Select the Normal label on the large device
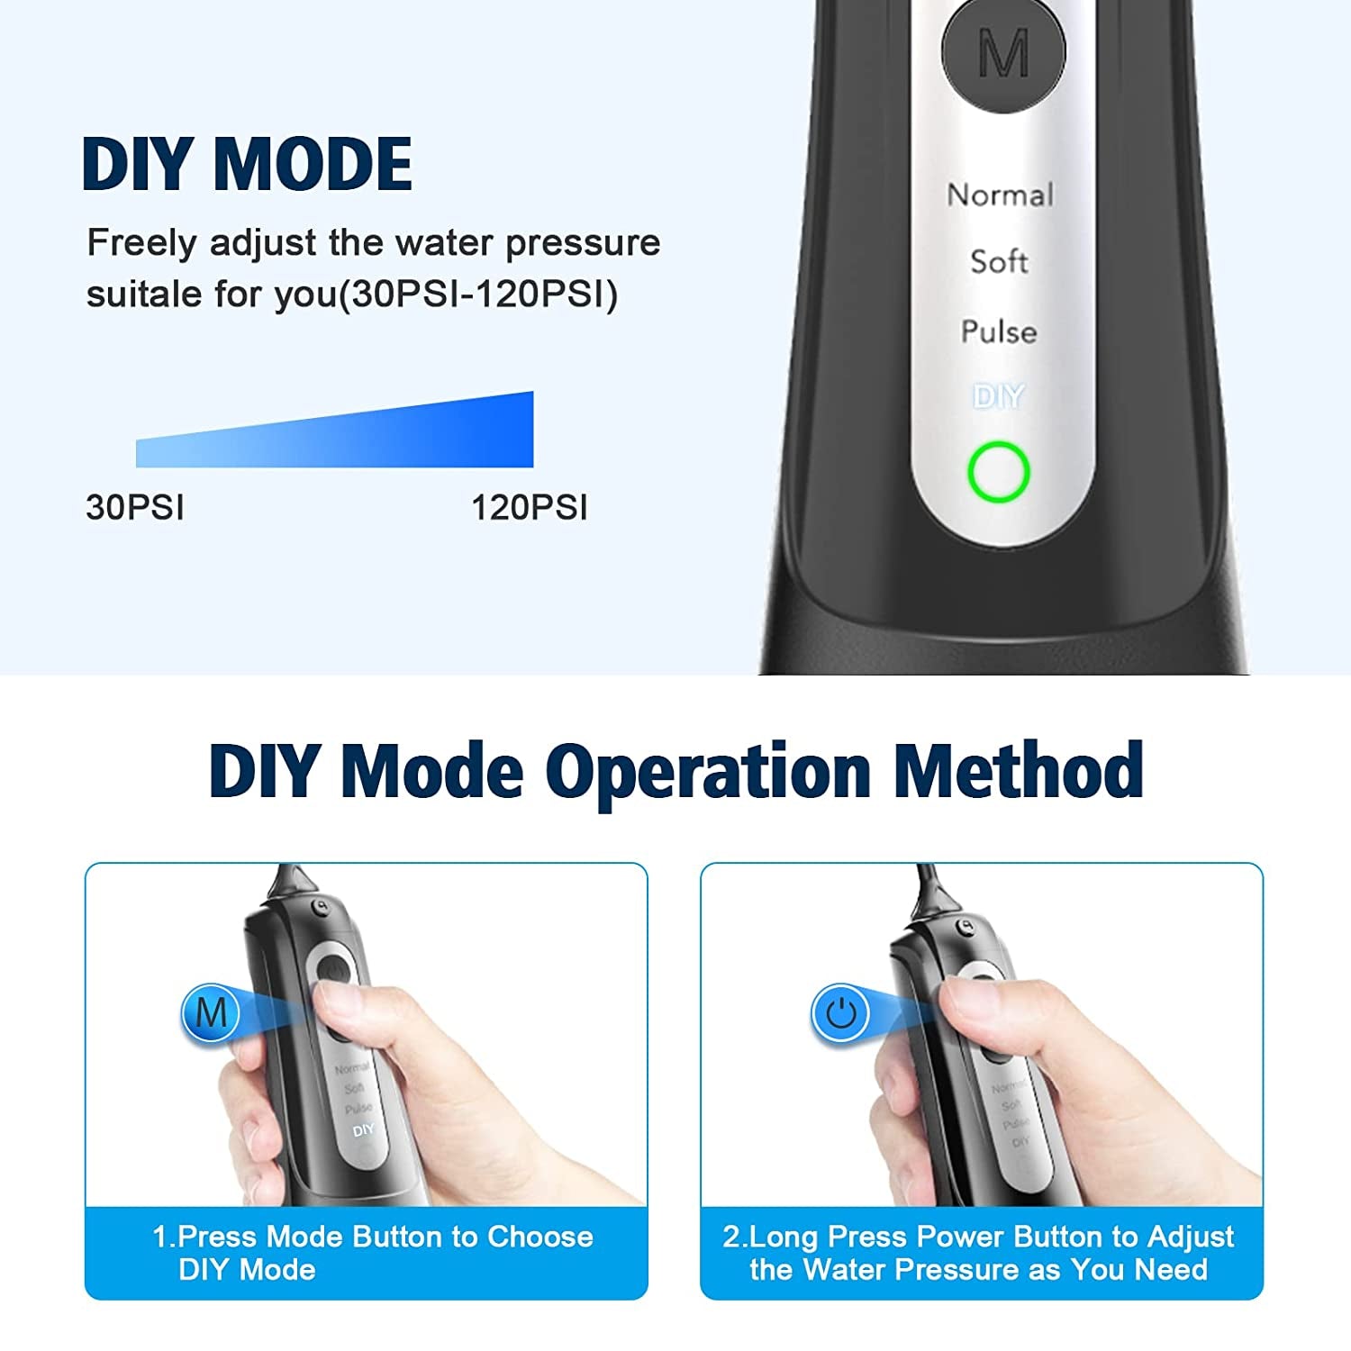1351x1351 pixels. point(1000,195)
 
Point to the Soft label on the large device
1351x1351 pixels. point(999,261)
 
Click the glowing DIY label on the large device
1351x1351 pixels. point(999,396)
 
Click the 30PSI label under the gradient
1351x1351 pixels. point(135,507)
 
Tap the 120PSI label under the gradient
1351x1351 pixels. point(530,507)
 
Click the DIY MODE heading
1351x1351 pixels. point(247,164)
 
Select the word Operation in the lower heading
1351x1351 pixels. point(708,773)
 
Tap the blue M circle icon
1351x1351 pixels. point(211,1013)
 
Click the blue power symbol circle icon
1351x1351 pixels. point(840,1013)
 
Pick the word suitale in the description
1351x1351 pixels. point(144,294)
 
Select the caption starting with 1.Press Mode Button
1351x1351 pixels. point(372,1253)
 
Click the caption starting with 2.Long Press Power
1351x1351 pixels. point(978,1253)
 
